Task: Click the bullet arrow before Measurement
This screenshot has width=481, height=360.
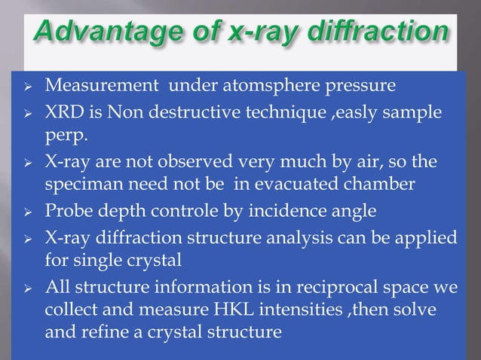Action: point(26,84)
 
